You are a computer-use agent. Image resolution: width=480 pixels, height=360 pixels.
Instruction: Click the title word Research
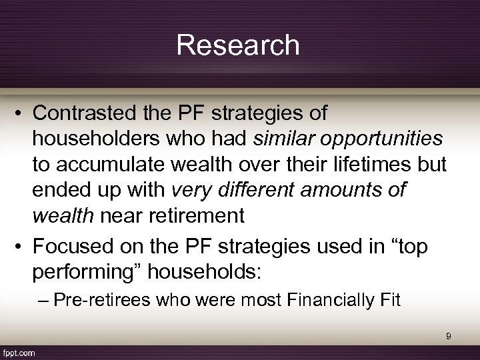pyautogui.click(x=239, y=45)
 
